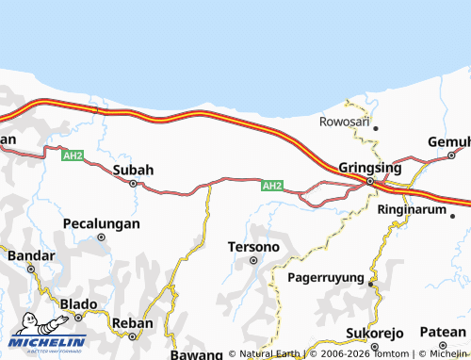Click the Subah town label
(x=133, y=171)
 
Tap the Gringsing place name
(x=369, y=167)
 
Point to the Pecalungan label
(x=101, y=223)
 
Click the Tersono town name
(x=253, y=246)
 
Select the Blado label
(x=78, y=303)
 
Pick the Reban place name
(x=132, y=322)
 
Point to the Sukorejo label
(x=374, y=334)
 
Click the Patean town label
(x=443, y=332)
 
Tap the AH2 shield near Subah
(x=73, y=155)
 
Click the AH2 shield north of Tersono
(x=272, y=186)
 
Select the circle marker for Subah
(x=134, y=184)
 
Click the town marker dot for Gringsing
(x=370, y=180)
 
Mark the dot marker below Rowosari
(x=375, y=128)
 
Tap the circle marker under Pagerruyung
(x=371, y=284)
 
